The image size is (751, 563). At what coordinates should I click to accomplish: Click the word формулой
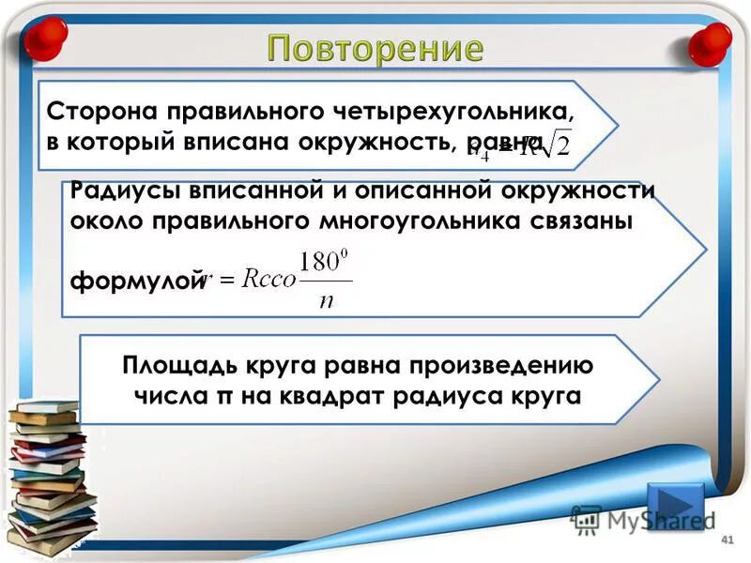tap(136, 279)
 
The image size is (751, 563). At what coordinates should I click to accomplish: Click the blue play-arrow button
tap(674, 507)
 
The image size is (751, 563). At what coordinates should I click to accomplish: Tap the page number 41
tap(725, 541)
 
